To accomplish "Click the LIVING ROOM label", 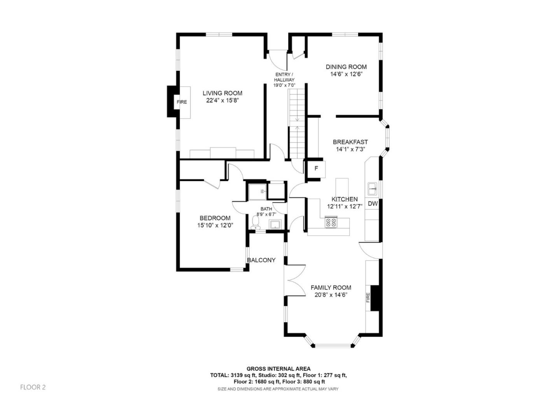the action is coord(222,93).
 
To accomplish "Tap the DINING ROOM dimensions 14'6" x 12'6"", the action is coord(346,74).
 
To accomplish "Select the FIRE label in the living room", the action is coord(182,102).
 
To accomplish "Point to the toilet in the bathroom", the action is coord(255,223).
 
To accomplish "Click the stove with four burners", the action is coord(331,222).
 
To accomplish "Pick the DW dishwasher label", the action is coord(373,204).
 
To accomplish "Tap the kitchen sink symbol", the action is coord(372,189).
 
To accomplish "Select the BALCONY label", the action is coord(261,260).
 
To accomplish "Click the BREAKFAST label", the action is coord(350,142).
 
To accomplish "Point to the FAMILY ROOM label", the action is coord(331,288).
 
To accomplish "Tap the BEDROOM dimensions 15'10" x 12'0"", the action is coord(215,225).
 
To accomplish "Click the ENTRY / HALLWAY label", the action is coord(284,77).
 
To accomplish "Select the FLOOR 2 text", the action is coord(33,387).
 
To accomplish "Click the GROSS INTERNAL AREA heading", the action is coord(278,369).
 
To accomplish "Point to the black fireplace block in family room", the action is coord(375,298).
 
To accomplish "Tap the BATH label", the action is coord(266,209).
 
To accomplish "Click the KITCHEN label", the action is coord(345,199).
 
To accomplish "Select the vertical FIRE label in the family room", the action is coord(368,297).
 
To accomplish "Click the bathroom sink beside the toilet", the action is coord(275,224).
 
